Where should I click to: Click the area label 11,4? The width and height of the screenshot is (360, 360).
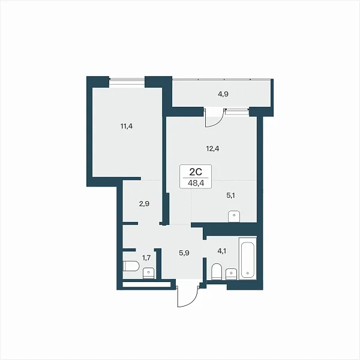point(127,126)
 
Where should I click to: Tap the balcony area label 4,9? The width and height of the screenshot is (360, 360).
point(223,94)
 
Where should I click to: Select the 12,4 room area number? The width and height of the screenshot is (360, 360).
point(212,149)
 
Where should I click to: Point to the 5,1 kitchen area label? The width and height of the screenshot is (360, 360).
point(230,196)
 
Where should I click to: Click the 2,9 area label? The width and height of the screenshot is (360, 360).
point(144,203)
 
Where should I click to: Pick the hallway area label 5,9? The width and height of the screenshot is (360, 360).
point(184,254)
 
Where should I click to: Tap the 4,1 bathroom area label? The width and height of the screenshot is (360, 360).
point(221,251)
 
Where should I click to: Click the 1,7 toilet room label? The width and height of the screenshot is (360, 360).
point(146,258)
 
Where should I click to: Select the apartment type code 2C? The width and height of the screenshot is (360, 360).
point(196,171)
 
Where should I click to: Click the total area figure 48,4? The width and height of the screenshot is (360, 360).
point(196,183)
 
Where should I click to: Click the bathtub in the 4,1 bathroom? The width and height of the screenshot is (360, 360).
point(247,259)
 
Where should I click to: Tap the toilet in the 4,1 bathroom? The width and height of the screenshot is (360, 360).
point(216,272)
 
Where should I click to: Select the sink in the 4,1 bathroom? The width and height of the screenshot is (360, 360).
point(231,274)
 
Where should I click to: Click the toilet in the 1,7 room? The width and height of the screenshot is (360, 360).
point(131,266)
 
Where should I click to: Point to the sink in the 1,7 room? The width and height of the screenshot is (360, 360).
point(149,273)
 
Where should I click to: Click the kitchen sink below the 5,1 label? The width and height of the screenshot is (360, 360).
point(234,216)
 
